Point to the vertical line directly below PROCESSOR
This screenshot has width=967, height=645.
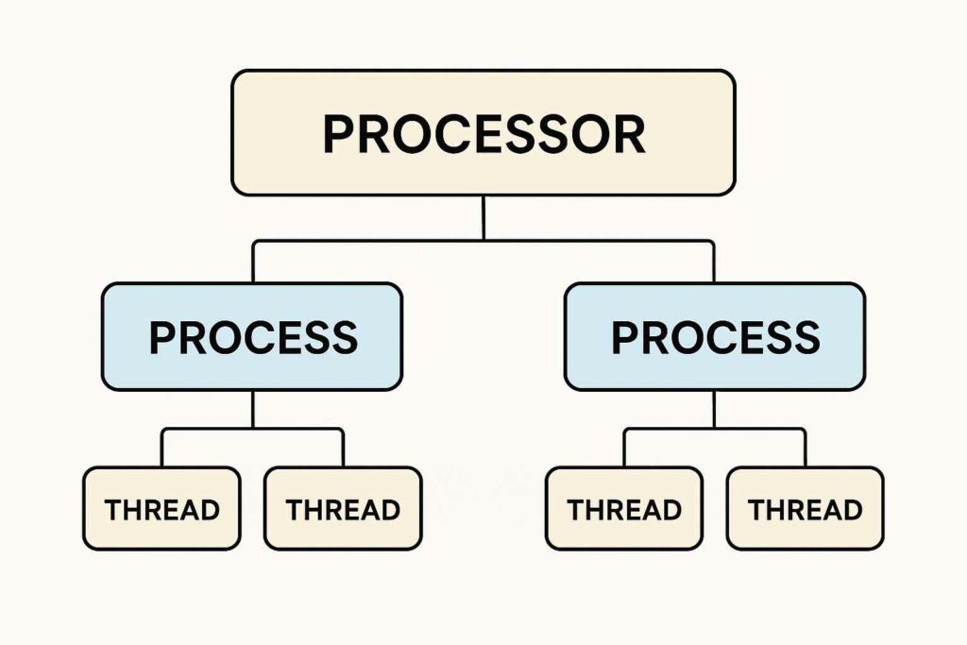[483, 217]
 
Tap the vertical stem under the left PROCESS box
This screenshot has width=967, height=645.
[253, 409]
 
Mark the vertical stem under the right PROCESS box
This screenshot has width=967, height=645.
[714, 409]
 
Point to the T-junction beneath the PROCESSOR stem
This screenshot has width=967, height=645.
[483, 241]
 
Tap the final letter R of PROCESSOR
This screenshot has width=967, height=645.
[628, 135]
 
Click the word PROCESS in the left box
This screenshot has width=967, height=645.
[253, 337]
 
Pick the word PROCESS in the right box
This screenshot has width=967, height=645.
[715, 337]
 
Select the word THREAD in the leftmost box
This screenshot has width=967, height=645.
[161, 510]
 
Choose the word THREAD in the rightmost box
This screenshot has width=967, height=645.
[805, 510]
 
